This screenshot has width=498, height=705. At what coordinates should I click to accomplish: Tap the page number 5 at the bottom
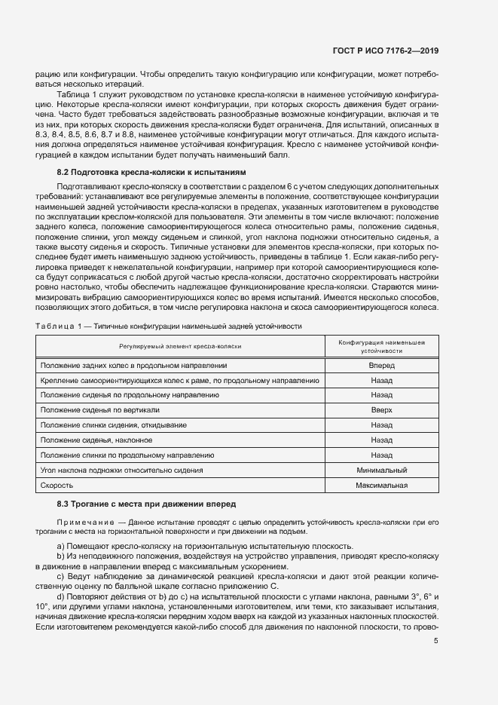[436, 641]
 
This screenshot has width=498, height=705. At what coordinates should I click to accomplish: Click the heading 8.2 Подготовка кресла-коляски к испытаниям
[151, 172]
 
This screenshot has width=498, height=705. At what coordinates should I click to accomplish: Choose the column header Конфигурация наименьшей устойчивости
[381, 346]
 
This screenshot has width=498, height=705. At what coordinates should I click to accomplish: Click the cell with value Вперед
[381, 365]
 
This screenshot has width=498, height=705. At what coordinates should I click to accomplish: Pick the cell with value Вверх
[381, 410]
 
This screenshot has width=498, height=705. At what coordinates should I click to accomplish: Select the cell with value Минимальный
[381, 471]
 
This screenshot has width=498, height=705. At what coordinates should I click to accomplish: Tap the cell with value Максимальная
[381, 486]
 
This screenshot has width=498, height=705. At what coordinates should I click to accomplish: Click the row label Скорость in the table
[57, 486]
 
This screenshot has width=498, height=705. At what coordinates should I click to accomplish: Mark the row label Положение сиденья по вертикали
[99, 410]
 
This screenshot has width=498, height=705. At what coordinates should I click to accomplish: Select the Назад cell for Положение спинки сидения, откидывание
[381, 425]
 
